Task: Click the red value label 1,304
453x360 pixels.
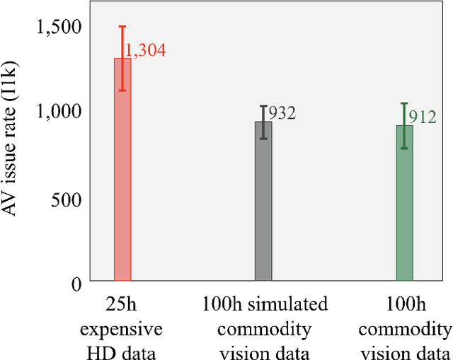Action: click(146, 50)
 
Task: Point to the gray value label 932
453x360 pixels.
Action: click(281, 113)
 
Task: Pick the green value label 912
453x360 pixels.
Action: click(423, 117)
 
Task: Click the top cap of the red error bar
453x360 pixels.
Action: click(122, 27)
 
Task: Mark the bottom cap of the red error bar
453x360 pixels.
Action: click(122, 90)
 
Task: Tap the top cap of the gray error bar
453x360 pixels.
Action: click(263, 106)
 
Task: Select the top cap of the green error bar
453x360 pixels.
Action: click(404, 103)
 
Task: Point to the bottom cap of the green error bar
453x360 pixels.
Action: click(404, 148)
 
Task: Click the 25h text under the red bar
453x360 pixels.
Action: click(122, 306)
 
